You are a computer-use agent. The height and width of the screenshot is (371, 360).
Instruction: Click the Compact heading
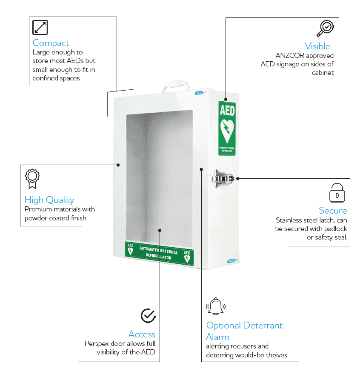tap(51, 43)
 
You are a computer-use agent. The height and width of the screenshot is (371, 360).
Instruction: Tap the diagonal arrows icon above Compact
tap(40, 27)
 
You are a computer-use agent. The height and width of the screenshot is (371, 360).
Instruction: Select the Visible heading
tap(317, 46)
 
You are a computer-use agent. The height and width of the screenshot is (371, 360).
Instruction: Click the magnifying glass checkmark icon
tap(325, 28)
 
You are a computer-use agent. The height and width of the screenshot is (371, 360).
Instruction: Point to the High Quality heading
tap(49, 200)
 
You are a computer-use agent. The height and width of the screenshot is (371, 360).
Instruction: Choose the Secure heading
tap(333, 211)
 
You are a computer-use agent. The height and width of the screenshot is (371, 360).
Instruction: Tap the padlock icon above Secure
tap(337, 193)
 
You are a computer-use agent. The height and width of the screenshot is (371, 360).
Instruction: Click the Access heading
tap(142, 334)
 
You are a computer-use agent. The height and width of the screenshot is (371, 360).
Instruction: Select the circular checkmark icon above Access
tap(148, 316)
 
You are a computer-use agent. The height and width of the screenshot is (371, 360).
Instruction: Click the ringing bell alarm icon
tap(216, 306)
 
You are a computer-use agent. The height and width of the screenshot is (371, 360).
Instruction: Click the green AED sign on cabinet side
tap(227, 128)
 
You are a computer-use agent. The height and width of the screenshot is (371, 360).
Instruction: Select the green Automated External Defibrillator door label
tap(159, 254)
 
